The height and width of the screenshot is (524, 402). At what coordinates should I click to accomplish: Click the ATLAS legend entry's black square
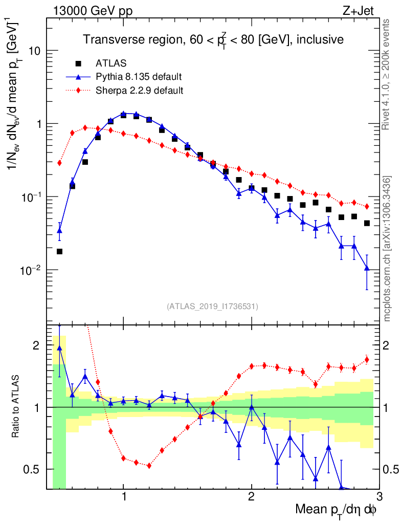click(x=78, y=63)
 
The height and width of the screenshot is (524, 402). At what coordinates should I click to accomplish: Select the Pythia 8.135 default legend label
click(x=139, y=77)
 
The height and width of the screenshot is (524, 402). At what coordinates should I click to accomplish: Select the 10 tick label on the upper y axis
click(x=34, y=51)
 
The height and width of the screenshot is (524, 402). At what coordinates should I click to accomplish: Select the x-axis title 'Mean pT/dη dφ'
click(x=336, y=511)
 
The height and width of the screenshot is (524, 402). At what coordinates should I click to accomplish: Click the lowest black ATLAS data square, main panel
click(x=59, y=251)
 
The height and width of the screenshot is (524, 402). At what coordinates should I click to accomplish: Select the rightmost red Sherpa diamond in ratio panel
click(x=367, y=360)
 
